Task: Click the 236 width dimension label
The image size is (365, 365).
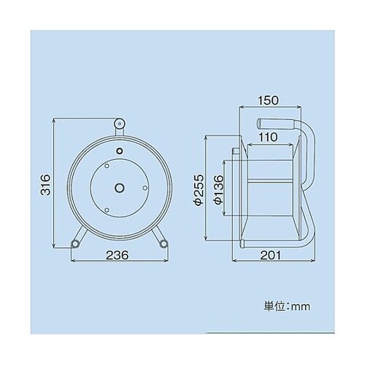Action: point(118,255)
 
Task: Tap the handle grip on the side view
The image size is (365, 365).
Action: point(277,120)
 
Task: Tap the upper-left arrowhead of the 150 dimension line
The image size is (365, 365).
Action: point(242,107)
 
